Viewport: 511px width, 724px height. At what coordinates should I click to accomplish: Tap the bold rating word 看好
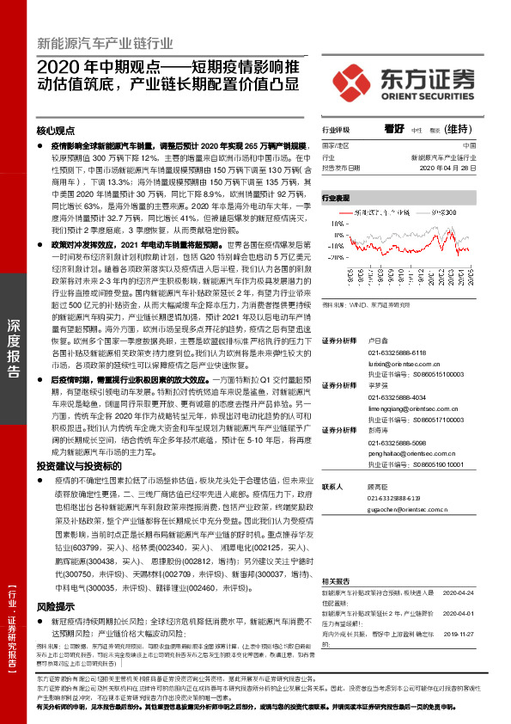point(394,128)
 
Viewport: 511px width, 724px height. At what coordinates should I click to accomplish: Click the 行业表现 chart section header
point(336,198)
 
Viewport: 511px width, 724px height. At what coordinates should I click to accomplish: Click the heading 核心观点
point(56,132)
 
